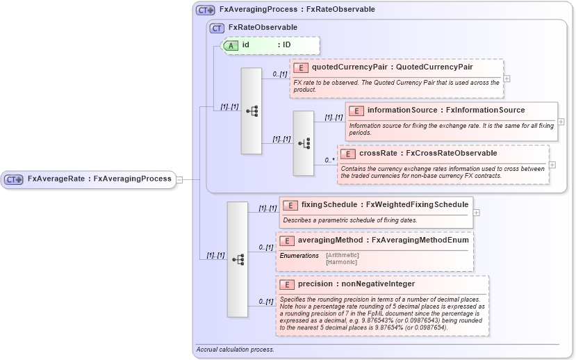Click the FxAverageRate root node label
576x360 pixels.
(99, 179)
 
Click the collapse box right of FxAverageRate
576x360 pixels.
(179, 179)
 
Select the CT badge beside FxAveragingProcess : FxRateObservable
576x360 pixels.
(205, 10)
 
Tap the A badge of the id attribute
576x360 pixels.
(230, 45)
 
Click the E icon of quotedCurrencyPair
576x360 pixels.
(301, 67)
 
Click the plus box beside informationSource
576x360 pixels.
(561, 122)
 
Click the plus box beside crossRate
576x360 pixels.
(552, 165)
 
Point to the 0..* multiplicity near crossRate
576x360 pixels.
(330, 161)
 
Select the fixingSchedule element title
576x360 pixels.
(384, 205)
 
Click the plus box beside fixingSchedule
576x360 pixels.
(477, 213)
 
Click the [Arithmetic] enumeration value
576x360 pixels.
(342, 255)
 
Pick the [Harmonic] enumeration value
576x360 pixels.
(341, 262)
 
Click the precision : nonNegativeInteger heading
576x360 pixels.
(356, 284)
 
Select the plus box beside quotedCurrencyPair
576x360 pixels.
(507, 79)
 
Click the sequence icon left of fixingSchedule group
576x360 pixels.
(238, 259)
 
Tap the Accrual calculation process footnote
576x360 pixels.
(235, 350)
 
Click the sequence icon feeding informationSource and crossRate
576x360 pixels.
(304, 142)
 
